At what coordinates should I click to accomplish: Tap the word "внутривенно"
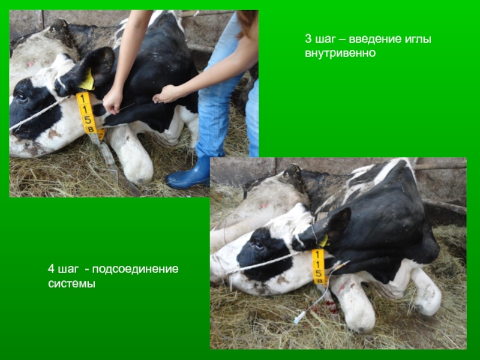tap(340, 53)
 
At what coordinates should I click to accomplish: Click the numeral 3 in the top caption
tap(308, 39)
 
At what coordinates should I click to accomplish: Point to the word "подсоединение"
tap(136, 269)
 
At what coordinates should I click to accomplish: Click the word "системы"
tap(71, 283)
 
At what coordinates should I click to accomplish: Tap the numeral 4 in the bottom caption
tap(51, 269)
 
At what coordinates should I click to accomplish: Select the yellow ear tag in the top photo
tap(87, 80)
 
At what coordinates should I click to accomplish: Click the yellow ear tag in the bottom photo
tap(323, 241)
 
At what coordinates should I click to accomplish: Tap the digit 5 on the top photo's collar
tap(87, 119)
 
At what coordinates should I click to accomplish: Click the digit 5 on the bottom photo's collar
tap(319, 273)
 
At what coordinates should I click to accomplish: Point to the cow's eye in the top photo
tap(22, 97)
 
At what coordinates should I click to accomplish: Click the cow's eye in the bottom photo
tap(259, 244)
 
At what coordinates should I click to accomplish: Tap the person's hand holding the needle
tap(112, 101)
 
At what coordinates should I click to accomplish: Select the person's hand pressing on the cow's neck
tap(166, 94)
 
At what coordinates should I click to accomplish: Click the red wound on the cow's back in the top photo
tap(31, 64)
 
